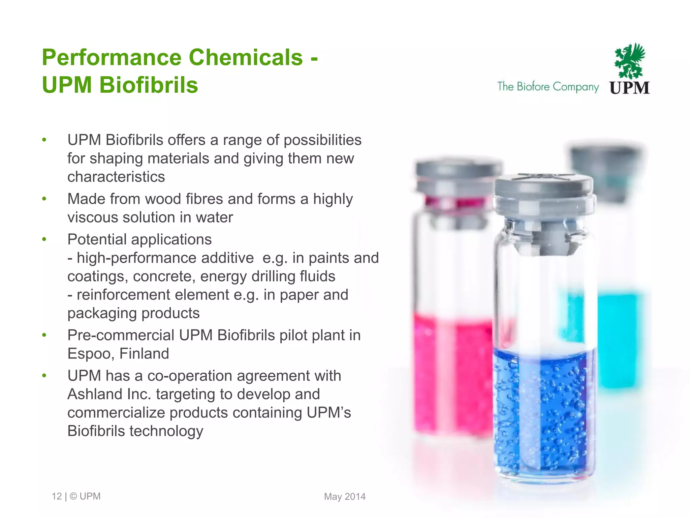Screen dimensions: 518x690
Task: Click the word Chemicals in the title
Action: [x=246, y=57]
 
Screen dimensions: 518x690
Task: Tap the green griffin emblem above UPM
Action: [x=629, y=61]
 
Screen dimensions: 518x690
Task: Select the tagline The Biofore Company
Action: [x=548, y=87]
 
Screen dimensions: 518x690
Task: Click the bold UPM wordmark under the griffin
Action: [x=629, y=88]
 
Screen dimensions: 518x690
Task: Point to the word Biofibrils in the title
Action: [x=149, y=85]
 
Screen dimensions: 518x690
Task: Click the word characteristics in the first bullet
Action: [x=116, y=177]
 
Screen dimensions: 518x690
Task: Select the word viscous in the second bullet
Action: [x=93, y=217]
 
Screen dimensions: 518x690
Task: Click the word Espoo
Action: [x=88, y=354]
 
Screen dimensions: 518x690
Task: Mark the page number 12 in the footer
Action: [x=57, y=496]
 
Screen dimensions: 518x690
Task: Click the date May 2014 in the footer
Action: [x=345, y=496]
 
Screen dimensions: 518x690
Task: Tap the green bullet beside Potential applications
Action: [x=44, y=239]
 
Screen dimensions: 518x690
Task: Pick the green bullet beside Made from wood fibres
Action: [x=44, y=199]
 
